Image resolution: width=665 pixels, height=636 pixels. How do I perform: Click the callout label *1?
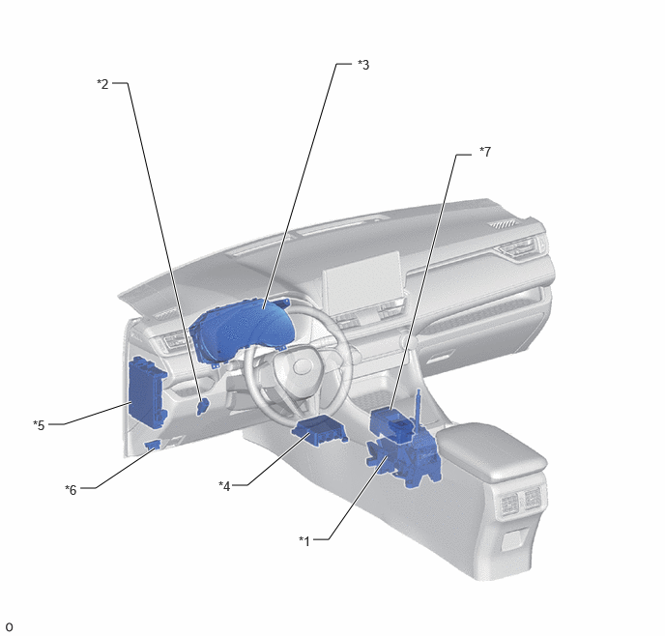[304, 540]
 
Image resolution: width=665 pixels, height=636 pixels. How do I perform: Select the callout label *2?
[102, 84]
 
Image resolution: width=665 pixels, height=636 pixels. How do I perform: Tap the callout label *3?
[363, 65]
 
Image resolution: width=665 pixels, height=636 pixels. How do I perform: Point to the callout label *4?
[224, 486]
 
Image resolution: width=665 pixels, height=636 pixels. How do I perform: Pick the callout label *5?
[39, 425]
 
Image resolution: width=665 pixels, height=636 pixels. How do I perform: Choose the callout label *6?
[71, 490]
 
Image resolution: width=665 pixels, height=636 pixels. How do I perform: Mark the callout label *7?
[485, 152]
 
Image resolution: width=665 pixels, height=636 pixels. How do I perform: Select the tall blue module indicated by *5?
[147, 390]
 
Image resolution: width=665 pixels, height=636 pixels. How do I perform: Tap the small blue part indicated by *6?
[153, 445]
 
